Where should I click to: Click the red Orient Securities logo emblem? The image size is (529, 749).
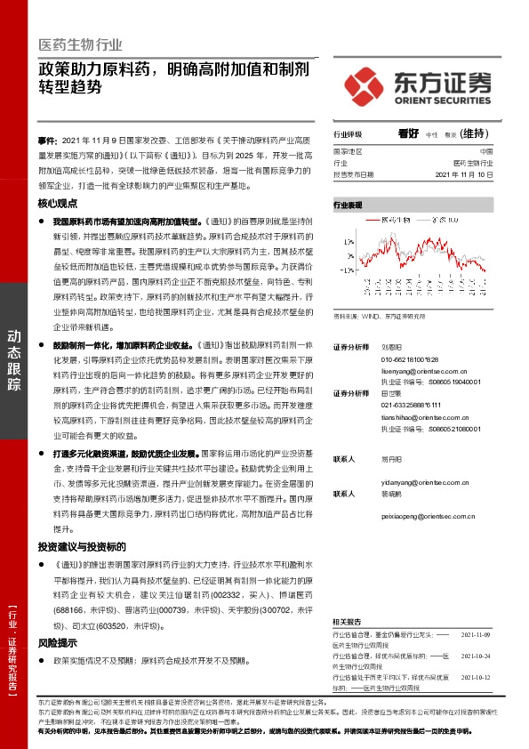(x=365, y=83)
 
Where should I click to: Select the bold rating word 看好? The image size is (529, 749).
(x=409, y=133)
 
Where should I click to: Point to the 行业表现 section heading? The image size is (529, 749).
(x=349, y=205)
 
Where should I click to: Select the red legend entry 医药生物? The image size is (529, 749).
(x=392, y=218)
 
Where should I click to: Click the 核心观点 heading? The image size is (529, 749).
(x=58, y=203)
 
